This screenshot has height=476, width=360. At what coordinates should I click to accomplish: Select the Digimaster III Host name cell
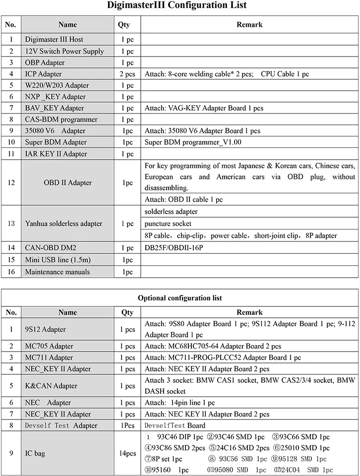tap(54, 40)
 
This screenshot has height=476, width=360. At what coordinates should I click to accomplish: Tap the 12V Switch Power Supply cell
tap(64, 51)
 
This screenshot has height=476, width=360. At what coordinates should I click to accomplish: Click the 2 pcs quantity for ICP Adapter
tap(127, 74)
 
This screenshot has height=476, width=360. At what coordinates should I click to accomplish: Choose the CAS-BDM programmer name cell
tap(61, 119)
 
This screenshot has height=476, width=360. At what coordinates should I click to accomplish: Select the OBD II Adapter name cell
tap(67, 182)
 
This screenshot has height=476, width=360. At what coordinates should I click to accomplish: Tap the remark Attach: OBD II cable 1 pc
tap(183, 199)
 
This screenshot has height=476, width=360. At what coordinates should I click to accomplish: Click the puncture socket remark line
tap(168, 224)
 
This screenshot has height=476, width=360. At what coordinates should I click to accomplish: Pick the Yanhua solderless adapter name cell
tap(63, 224)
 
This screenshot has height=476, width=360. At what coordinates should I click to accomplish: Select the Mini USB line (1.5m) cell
tap(58, 260)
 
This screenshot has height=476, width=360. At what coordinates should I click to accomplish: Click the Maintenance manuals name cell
tap(58, 272)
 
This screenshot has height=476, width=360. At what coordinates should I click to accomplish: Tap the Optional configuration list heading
tap(180, 298)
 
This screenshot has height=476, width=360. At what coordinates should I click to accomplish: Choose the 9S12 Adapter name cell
tap(45, 329)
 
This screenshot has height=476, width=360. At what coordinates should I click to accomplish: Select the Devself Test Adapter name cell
tap(61, 425)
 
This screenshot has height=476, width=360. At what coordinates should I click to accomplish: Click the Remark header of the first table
tap(249, 24)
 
